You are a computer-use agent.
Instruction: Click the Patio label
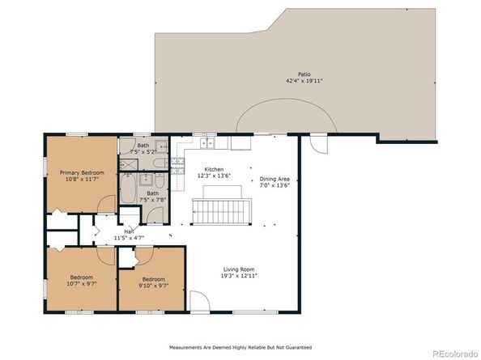click(304, 74)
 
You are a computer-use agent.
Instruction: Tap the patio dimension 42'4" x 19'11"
click(304, 81)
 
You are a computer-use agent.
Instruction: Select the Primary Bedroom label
click(82, 173)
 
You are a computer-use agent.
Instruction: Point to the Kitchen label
click(214, 169)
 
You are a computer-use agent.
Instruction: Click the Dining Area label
click(275, 179)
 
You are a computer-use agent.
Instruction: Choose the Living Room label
click(239, 269)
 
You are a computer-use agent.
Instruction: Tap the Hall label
click(129, 231)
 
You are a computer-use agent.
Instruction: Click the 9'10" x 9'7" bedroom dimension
click(154, 286)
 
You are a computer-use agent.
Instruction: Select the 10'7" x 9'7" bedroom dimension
click(82, 284)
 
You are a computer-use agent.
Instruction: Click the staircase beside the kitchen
click(222, 212)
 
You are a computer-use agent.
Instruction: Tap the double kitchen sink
click(207, 143)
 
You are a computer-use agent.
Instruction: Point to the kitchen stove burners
click(177, 166)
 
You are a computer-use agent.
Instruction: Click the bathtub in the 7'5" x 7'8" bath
click(128, 189)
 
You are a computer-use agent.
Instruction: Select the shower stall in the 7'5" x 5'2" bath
click(129, 165)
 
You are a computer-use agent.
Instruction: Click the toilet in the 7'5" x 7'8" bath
click(160, 180)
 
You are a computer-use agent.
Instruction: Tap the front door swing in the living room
click(200, 301)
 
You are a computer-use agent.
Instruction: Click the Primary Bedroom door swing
click(106, 204)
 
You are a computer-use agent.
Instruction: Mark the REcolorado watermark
click(455, 354)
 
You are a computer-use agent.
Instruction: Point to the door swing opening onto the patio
click(318, 144)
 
